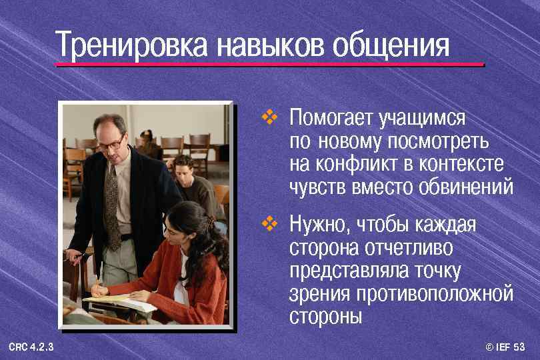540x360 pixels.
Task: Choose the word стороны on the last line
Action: coord(325,316)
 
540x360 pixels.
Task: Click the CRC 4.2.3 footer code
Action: coord(31,347)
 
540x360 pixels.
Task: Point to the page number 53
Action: coord(519,347)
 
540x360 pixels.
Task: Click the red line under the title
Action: coord(269,65)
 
